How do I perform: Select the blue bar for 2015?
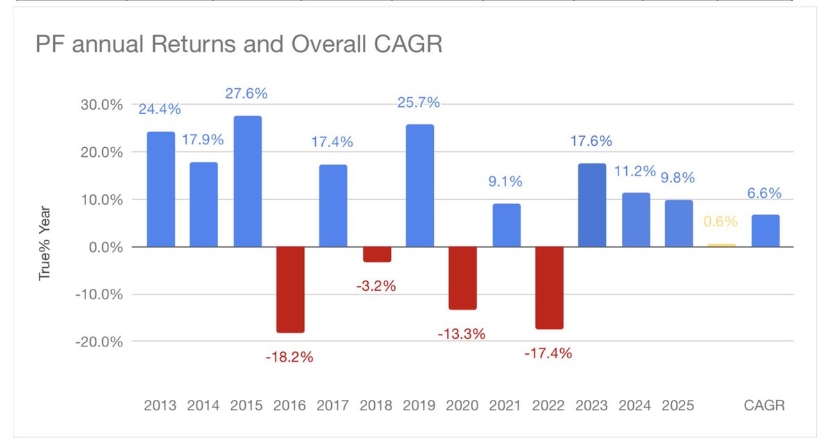point(247,181)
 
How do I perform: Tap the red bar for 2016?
point(290,289)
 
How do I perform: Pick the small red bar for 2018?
point(377,254)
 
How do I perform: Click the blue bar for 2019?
point(420,185)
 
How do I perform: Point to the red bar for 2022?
point(549,287)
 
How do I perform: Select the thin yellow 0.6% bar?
point(721,245)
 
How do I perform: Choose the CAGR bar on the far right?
point(765,230)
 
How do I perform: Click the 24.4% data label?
point(159,109)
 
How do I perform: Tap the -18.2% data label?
point(289,358)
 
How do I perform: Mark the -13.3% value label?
point(461,334)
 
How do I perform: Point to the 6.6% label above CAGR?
point(764,194)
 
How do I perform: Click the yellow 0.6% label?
point(721,221)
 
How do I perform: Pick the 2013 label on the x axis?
point(160,405)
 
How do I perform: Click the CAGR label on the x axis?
point(764,405)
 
